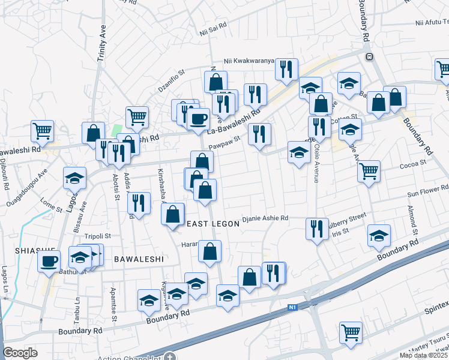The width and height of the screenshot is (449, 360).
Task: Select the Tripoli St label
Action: [97, 236]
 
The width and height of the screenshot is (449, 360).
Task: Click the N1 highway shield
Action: [292, 308]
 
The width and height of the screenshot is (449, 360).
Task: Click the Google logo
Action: [20, 353]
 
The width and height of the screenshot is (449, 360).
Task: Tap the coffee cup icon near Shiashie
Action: [49, 261]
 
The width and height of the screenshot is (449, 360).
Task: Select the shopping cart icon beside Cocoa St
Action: [369, 170]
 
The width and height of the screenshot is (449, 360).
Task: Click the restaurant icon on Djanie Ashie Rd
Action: [316, 228]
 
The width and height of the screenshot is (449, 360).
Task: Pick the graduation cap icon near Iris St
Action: [379, 235]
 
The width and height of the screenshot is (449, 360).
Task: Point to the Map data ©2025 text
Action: [423, 355]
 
